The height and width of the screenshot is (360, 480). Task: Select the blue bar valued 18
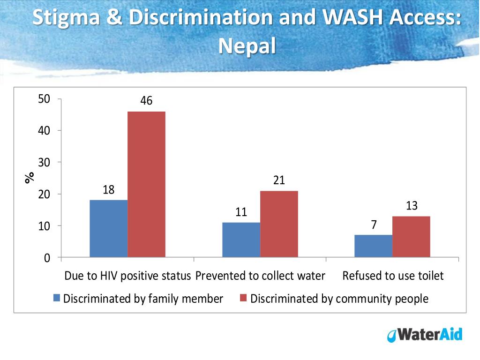(108, 229)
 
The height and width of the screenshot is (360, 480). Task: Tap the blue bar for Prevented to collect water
(241, 240)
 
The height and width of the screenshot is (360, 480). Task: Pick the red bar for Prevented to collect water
(279, 224)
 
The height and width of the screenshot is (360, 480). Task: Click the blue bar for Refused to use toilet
(373, 246)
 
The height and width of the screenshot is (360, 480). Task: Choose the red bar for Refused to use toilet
(411, 237)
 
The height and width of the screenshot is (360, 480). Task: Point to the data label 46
(146, 101)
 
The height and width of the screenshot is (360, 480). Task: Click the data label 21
(279, 180)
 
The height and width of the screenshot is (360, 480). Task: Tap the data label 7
(374, 225)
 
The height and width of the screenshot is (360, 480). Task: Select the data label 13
(412, 206)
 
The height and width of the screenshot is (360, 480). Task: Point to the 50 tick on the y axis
(44, 99)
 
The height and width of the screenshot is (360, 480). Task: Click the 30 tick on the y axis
(44, 162)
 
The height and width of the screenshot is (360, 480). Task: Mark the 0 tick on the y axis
(47, 258)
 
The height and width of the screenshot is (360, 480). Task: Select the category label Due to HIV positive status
(127, 276)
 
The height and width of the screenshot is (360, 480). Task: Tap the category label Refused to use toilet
(393, 276)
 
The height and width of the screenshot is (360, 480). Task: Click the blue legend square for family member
(57, 298)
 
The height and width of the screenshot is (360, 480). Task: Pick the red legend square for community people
(243, 298)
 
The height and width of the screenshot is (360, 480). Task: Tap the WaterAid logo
(424, 335)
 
